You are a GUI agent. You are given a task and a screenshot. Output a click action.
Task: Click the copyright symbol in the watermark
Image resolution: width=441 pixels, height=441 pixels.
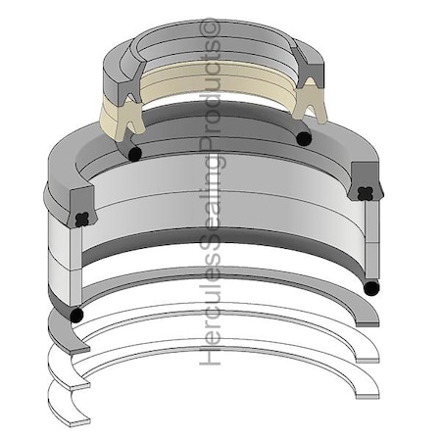210,27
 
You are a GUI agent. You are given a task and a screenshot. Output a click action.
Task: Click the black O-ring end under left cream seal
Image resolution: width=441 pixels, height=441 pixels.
134,154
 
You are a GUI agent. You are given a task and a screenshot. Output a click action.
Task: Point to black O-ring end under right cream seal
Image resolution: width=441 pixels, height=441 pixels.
304,138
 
